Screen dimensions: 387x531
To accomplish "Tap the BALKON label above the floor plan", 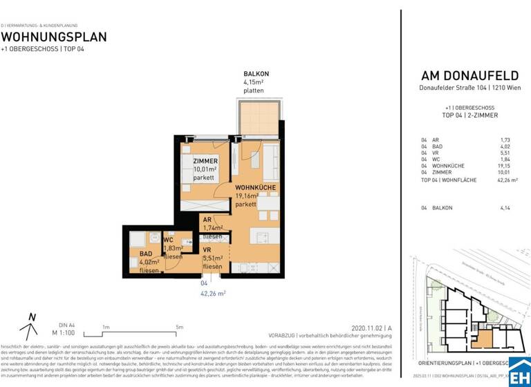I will [x=256, y=73].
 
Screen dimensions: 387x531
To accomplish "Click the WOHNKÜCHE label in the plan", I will [x=257, y=187].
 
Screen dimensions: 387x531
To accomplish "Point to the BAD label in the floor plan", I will [x=146, y=254].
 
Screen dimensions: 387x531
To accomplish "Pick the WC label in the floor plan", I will [x=168, y=240].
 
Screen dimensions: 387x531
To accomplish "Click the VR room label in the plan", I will [x=207, y=250].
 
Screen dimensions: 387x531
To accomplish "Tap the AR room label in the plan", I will [x=207, y=219].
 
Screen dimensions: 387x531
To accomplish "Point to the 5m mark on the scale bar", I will [x=180, y=327].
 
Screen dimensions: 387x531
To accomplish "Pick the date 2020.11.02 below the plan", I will [x=366, y=329].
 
